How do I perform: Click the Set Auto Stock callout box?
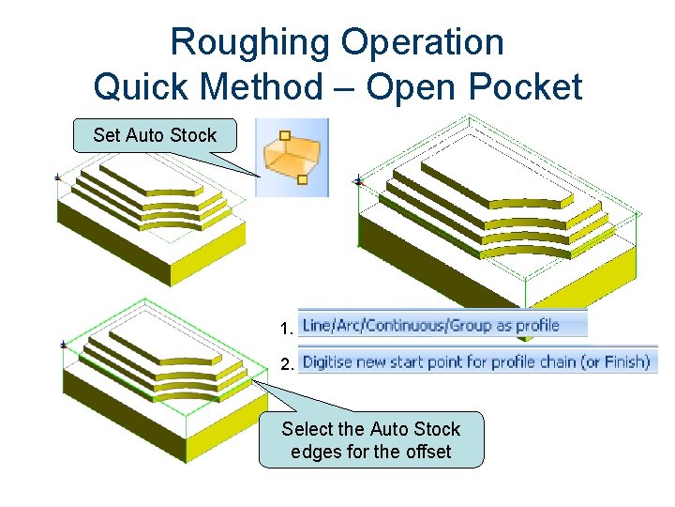(x=155, y=135)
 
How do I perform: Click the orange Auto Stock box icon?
(x=292, y=157)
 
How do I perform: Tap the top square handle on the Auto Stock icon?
(x=284, y=135)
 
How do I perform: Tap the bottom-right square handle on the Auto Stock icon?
(x=302, y=178)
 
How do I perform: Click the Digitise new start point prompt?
(x=476, y=361)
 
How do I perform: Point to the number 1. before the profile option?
(x=287, y=329)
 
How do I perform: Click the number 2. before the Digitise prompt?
(x=287, y=365)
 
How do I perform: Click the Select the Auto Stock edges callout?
(x=371, y=439)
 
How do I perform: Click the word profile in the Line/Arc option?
(x=537, y=326)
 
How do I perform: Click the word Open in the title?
(x=405, y=87)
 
